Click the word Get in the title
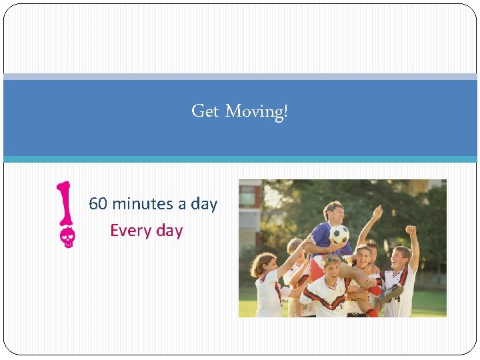pyautogui.click(x=205, y=111)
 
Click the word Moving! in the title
pyautogui.click(x=257, y=111)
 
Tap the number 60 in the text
pyautogui.click(x=97, y=204)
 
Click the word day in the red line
pyautogui.click(x=169, y=231)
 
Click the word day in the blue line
pyautogui.click(x=204, y=204)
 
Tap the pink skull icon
pyautogui.click(x=67, y=238)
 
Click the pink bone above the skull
pyautogui.click(x=65, y=203)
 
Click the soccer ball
pyautogui.click(x=339, y=234)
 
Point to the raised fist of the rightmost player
pyautogui.click(x=411, y=230)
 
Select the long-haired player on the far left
pyautogui.click(x=267, y=283)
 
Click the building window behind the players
pyautogui.click(x=247, y=197)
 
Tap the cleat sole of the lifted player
pyautogui.click(x=393, y=294)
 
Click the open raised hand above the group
pyautogui.click(x=378, y=213)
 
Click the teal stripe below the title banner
pyautogui.click(x=240, y=159)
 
